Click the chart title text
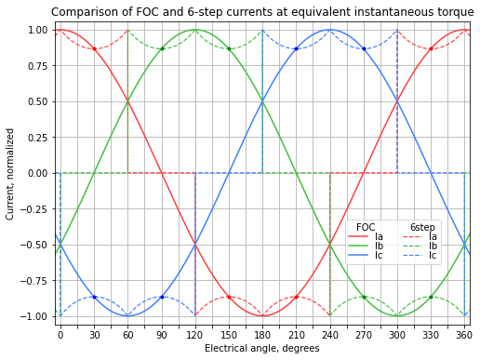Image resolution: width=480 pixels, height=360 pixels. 262,12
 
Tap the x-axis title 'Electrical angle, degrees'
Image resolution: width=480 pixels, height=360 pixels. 262,349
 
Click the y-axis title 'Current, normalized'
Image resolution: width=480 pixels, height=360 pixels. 10,174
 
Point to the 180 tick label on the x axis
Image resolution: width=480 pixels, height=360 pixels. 262,335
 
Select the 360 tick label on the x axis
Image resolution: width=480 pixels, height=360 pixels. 464,335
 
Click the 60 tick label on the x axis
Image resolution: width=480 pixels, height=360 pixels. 127,335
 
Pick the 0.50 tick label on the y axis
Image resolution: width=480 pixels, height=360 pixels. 37,101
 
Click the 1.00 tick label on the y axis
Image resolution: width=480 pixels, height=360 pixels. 37,30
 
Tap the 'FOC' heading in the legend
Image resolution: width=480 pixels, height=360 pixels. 366,227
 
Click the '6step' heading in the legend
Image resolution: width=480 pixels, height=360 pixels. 422,227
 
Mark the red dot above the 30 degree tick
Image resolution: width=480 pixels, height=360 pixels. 94,48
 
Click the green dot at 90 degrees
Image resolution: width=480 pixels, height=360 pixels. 162,48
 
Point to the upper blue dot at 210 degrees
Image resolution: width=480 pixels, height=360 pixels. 296,48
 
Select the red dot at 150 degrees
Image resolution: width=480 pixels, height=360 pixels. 229,297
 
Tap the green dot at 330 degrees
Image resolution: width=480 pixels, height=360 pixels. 431,297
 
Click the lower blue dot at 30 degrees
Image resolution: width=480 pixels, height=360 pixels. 94,297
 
